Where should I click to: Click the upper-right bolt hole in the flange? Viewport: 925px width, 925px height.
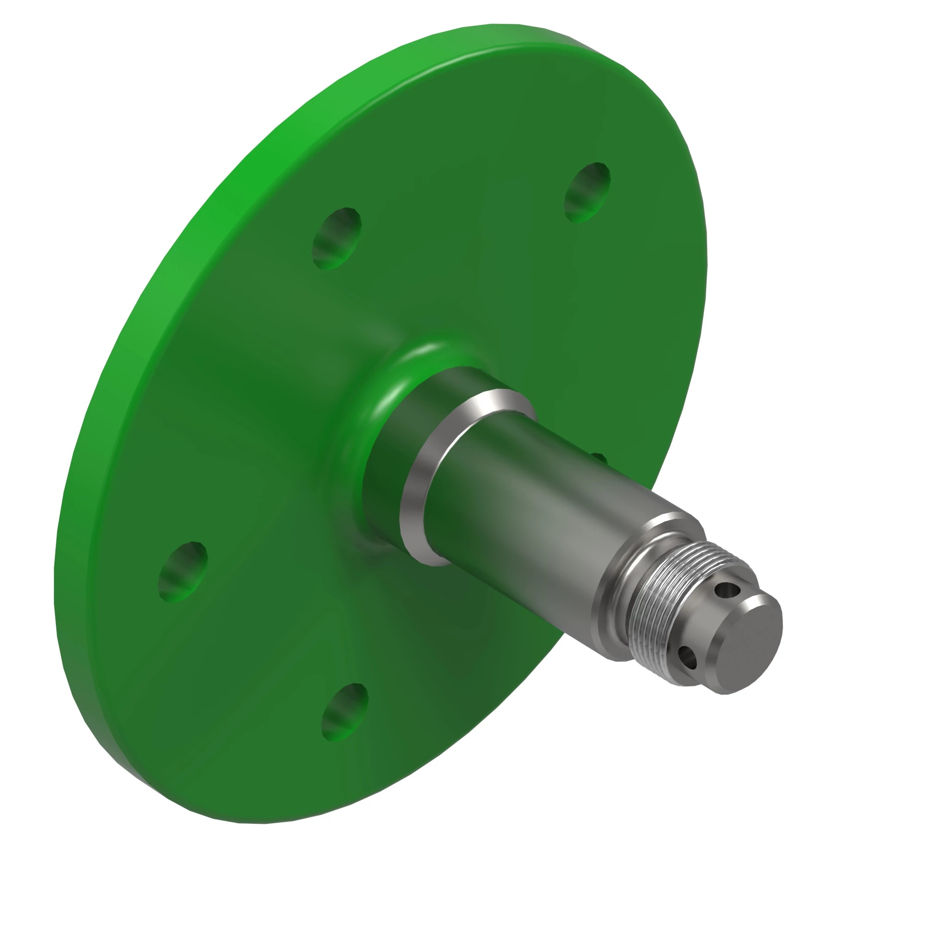click(x=587, y=192)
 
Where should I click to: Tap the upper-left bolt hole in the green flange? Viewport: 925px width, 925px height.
click(x=337, y=238)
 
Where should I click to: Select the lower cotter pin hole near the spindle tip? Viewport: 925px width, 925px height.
click(x=688, y=659)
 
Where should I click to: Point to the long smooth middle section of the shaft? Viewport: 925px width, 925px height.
click(x=541, y=517)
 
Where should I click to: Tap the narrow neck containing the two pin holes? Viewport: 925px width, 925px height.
click(x=704, y=627)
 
